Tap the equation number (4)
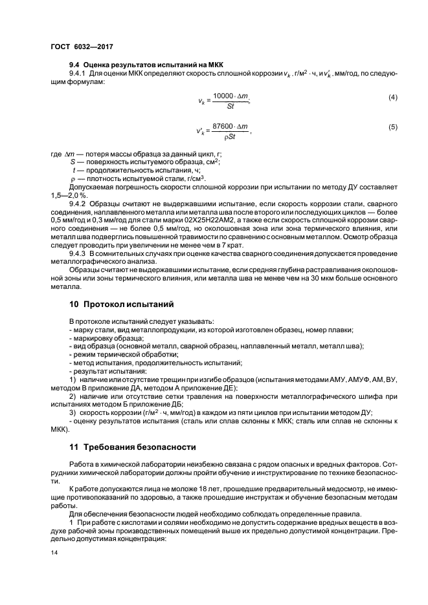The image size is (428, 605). tap(392, 98)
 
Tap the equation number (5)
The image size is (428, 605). tap(392, 127)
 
